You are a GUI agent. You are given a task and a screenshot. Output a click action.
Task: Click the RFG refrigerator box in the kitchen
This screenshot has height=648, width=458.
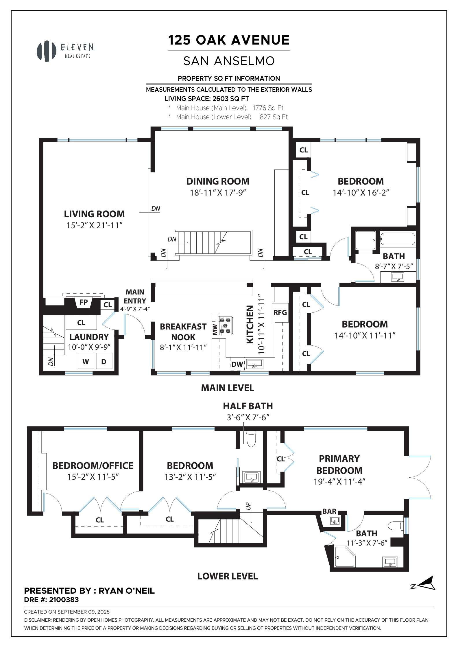point(280,312)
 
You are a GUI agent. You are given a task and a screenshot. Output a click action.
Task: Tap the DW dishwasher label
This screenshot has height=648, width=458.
point(237,365)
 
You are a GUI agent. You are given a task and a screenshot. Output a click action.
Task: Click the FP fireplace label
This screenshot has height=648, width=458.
point(84,302)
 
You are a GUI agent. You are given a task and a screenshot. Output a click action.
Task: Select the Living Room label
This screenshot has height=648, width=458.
point(94,214)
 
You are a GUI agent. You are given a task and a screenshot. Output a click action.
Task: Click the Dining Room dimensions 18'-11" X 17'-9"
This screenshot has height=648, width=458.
point(218,193)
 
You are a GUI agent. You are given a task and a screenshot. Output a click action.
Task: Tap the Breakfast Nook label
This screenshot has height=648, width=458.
point(183,332)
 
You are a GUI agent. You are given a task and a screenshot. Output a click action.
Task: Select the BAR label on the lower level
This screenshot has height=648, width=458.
point(329,511)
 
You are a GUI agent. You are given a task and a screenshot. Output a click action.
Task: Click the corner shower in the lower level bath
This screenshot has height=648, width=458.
point(344,557)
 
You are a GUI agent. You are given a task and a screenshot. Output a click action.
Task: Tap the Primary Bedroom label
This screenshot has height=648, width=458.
point(339,464)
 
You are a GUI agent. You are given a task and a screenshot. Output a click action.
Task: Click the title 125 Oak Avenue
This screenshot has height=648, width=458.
point(229,40)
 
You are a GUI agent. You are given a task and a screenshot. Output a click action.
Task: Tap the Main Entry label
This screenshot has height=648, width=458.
point(135,296)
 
